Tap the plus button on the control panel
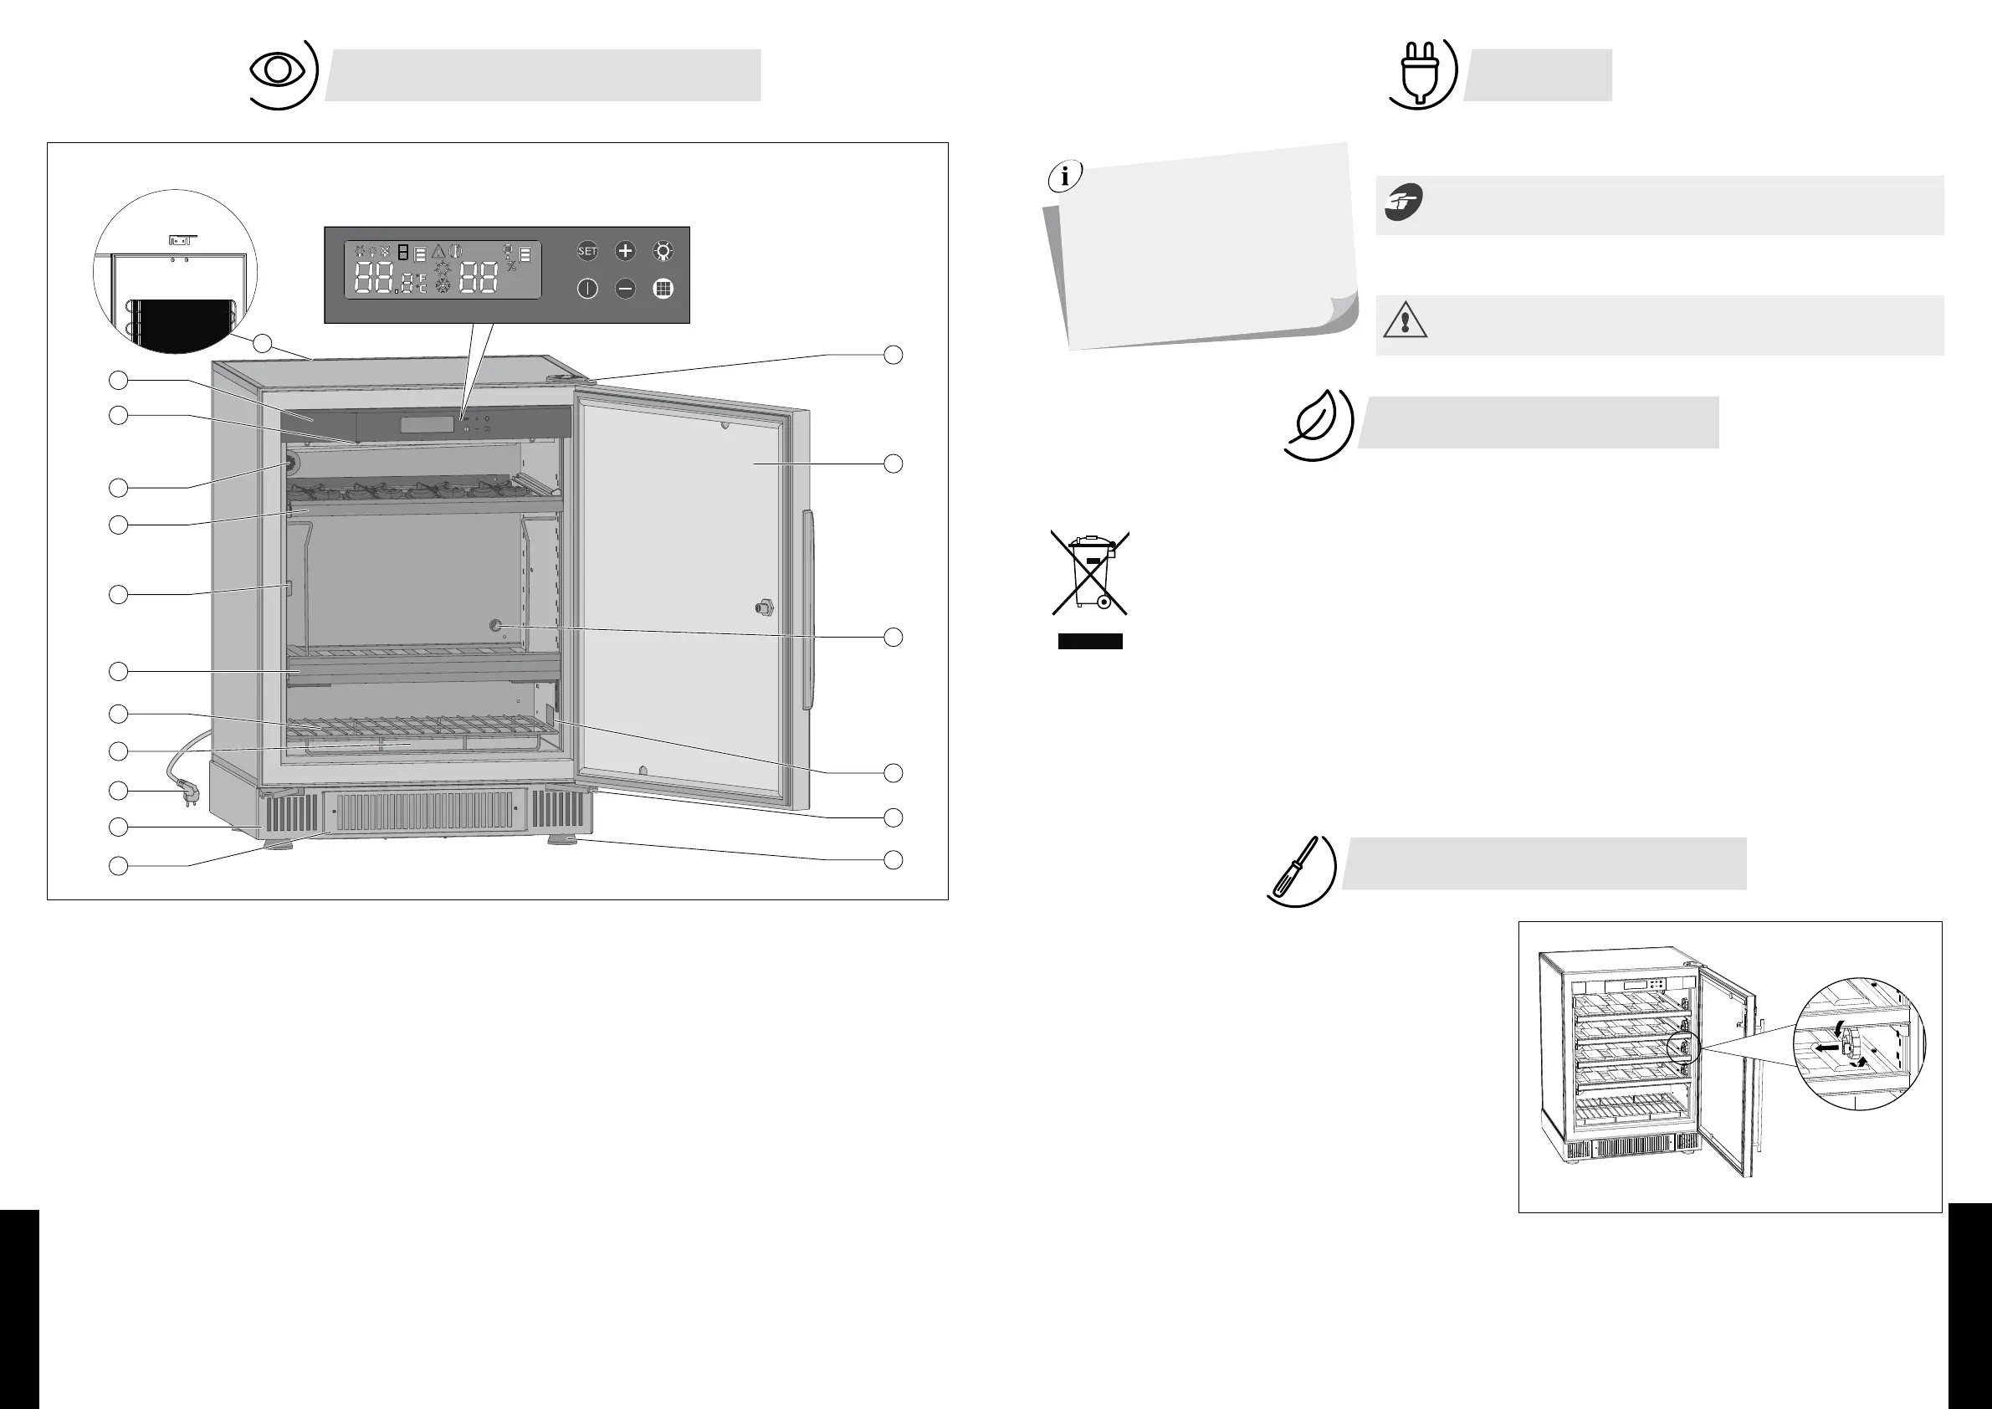click(625, 252)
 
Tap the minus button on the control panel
click(625, 289)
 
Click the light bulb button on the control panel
click(663, 252)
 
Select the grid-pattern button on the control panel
click(663, 289)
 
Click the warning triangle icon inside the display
click(438, 252)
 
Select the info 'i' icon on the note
click(1064, 177)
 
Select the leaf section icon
click(1317, 423)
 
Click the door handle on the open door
click(809, 609)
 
